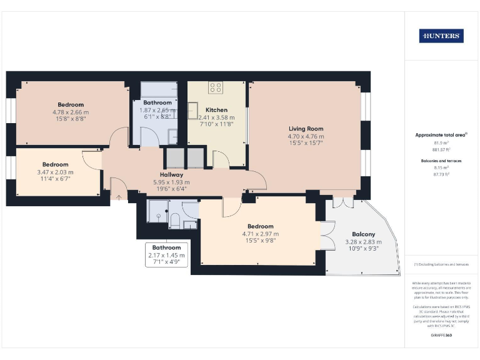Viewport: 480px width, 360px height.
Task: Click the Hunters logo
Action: [x=441, y=36]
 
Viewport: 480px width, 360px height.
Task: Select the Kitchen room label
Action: [x=217, y=110]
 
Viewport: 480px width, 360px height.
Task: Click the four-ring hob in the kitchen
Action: [x=216, y=88]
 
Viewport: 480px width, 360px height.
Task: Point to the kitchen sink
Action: [x=194, y=111]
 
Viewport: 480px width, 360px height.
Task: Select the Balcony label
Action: [x=363, y=234]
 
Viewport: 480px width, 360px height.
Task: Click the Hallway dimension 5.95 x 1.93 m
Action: [x=171, y=182]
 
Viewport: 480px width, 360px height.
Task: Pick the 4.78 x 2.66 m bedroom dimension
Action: [x=71, y=112]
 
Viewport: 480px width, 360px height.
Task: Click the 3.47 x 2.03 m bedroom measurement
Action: [x=55, y=172]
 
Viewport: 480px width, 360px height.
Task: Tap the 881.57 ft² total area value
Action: [x=441, y=149]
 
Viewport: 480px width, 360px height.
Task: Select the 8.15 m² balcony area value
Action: [x=441, y=168]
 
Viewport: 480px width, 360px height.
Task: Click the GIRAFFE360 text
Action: [x=441, y=336]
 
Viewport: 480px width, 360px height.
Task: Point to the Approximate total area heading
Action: [x=440, y=135]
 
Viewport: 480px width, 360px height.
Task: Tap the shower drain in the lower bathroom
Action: [x=159, y=214]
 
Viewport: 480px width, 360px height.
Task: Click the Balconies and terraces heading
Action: [x=441, y=161]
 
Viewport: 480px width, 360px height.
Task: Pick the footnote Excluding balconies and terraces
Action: [x=441, y=265]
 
